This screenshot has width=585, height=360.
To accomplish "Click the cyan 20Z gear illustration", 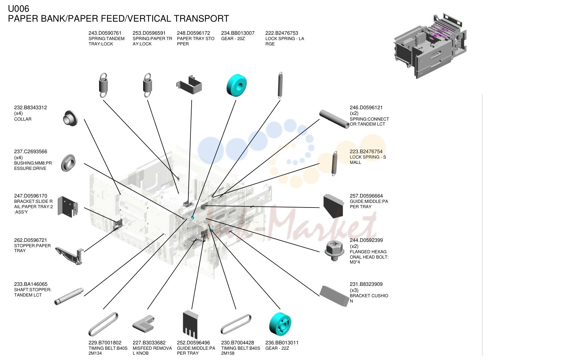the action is [236, 85].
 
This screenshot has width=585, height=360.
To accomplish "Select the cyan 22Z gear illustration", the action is [280, 324].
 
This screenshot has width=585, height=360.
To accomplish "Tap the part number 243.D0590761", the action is [105, 33].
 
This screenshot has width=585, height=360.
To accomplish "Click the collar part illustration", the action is [70, 118].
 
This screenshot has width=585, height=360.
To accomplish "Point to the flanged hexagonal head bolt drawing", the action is [334, 250].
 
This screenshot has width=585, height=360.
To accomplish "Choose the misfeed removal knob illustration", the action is [144, 324].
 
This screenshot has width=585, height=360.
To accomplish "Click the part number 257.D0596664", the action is [366, 196].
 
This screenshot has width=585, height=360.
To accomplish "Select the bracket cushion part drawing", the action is [334, 296].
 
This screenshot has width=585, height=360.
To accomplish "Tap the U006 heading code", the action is [18, 9].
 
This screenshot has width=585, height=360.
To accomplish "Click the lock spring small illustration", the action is [334, 164].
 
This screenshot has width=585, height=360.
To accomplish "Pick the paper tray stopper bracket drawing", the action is [189, 85].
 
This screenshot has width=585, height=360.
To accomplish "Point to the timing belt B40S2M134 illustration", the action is [104, 324].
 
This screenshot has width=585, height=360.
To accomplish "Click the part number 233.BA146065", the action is [31, 284].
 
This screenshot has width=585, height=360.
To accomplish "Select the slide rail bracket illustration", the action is [68, 207].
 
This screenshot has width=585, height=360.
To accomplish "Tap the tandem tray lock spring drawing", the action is [104, 85].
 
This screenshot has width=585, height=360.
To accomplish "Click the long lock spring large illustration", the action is [280, 85].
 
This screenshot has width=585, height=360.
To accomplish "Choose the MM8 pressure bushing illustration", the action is [68, 163].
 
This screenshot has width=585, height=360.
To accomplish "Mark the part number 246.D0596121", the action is [366, 107].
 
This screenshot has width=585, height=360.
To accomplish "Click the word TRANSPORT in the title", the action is [202, 19].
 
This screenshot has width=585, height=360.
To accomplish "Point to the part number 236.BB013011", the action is [282, 343].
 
